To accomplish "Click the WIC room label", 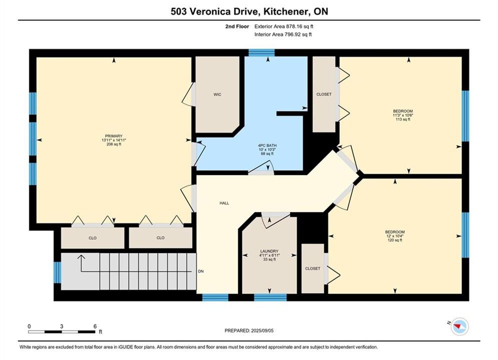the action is coord(217,94).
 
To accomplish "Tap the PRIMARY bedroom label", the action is coord(114,136).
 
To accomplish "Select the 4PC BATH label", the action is coord(267,145).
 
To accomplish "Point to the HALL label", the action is coord(224,203).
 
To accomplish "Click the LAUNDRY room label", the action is coord(269,251).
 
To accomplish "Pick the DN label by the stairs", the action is coord(201,271).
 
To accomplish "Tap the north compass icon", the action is coord(460,326).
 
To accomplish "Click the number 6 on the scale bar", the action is coord(95,326).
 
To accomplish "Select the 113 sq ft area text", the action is coord(403,119).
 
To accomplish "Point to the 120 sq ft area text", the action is coord(395,240).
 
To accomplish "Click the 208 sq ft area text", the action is coord(114,144).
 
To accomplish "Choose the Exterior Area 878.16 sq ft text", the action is coord(284,26).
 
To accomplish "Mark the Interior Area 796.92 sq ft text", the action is coord(283,34).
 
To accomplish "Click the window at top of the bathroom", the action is coord(261,52).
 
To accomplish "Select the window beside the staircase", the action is coord(58,272).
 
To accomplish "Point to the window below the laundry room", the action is coord(270,297).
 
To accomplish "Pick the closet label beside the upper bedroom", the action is coord(324,94).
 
